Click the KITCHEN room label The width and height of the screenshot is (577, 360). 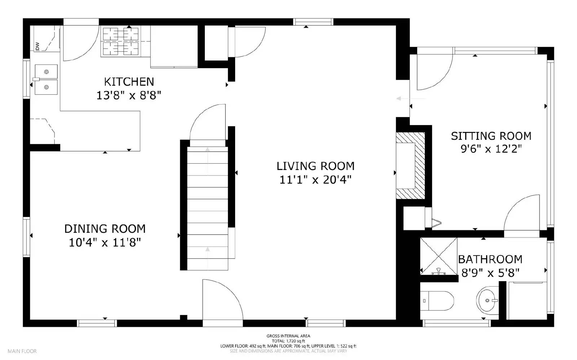(129, 82)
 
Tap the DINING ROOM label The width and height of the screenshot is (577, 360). (105, 229)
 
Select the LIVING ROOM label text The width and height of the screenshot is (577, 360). (316, 166)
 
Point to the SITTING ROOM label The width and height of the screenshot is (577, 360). (491, 136)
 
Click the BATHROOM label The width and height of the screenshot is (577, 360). (490, 259)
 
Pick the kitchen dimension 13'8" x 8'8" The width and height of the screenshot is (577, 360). (129, 95)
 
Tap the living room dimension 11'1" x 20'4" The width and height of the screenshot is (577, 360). (316, 179)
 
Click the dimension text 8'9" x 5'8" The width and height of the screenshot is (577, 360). (490, 273)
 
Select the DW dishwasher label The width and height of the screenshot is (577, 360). (38, 46)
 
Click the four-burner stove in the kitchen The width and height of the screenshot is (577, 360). (121, 41)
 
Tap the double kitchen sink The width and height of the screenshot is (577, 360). (46, 80)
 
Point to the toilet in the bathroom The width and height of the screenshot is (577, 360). (437, 301)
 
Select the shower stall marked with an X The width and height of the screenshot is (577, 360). (439, 256)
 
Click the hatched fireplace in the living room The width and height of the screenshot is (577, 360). (410, 165)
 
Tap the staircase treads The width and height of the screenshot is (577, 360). (208, 208)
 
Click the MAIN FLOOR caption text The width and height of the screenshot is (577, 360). (22, 351)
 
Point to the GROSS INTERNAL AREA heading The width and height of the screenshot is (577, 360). (288, 336)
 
